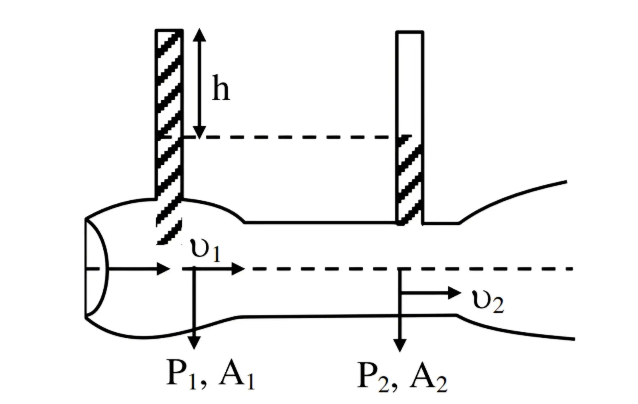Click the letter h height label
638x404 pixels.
(x=221, y=88)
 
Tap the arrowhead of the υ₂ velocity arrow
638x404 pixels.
(x=455, y=293)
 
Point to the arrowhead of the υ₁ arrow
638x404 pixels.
(x=238, y=269)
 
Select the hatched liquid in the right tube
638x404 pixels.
(x=410, y=180)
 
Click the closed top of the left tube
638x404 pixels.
(x=169, y=30)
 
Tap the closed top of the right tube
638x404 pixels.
(x=410, y=32)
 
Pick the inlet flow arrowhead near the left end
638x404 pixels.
(x=163, y=269)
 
